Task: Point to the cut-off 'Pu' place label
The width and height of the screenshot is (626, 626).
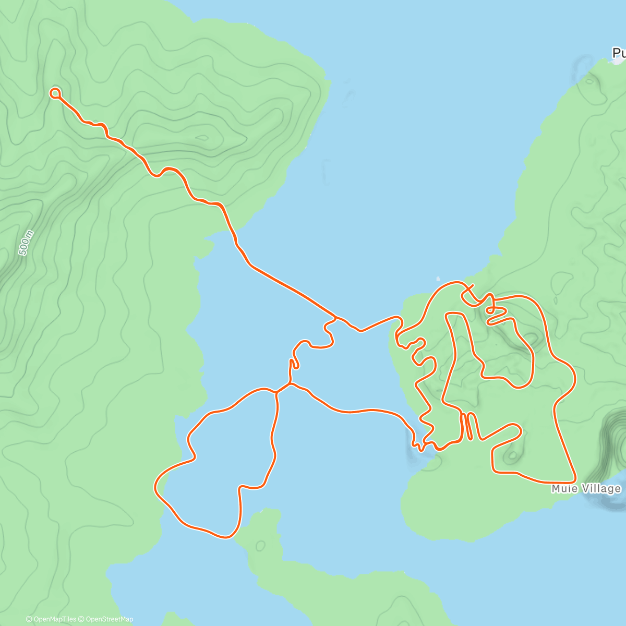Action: pyautogui.click(x=619, y=53)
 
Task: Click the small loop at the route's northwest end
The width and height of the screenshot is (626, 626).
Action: pyautogui.click(x=55, y=93)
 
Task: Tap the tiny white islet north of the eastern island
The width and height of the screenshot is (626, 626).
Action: pyautogui.click(x=438, y=279)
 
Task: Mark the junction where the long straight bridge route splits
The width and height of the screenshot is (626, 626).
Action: pyautogui.click(x=336, y=317)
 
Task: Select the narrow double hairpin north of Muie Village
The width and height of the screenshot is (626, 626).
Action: pyautogui.click(x=467, y=425)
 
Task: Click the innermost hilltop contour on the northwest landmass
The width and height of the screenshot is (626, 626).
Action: pyautogui.click(x=203, y=138)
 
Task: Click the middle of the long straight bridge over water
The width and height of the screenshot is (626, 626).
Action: pyautogui.click(x=292, y=290)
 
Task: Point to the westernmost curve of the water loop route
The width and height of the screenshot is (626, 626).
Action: pyautogui.click(x=155, y=488)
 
